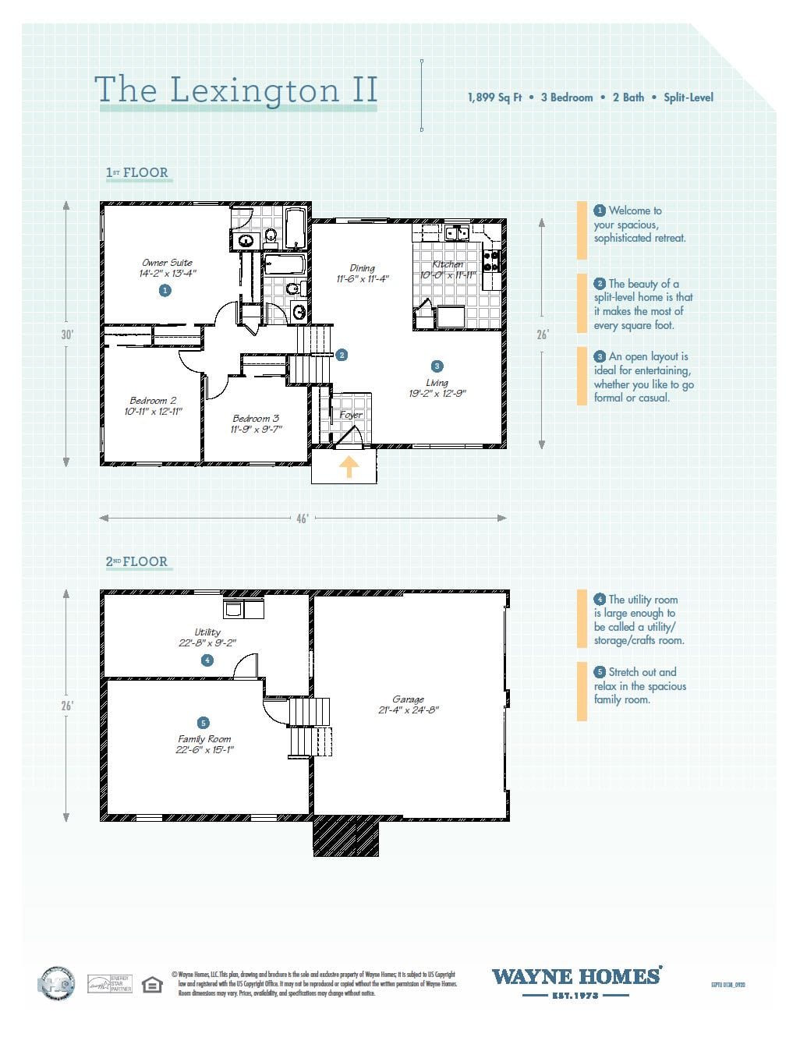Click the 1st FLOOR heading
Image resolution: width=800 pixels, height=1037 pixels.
pos(137,173)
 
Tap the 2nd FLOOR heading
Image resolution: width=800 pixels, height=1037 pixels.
pos(137,561)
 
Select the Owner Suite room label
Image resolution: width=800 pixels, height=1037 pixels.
pos(167,263)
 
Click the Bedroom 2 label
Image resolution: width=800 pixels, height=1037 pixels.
pos(153,401)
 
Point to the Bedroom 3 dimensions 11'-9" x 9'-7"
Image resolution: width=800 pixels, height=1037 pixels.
pos(256,429)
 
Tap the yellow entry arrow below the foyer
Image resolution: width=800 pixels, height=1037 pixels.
pos(349,467)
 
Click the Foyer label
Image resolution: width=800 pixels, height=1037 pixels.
pos(351,415)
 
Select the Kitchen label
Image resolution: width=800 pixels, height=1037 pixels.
pos(448,264)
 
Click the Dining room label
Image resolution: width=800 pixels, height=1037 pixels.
pos(362,268)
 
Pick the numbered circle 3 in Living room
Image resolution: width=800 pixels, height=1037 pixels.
pos(437,366)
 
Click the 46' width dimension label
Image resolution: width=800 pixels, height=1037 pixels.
pos(302,518)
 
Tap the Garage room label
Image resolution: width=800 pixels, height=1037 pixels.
pos(408,699)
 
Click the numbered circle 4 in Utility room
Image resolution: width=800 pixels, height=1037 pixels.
pos(207,660)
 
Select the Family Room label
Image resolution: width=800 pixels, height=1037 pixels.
pos(204,739)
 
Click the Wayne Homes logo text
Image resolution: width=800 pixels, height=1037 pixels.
pos(576,977)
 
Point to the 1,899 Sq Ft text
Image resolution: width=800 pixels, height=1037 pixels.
pos(494,97)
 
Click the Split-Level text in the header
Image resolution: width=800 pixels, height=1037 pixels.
pos(688,97)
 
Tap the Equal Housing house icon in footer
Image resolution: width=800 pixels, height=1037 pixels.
pos(152,985)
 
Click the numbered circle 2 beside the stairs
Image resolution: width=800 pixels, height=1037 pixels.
pos(342,355)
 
